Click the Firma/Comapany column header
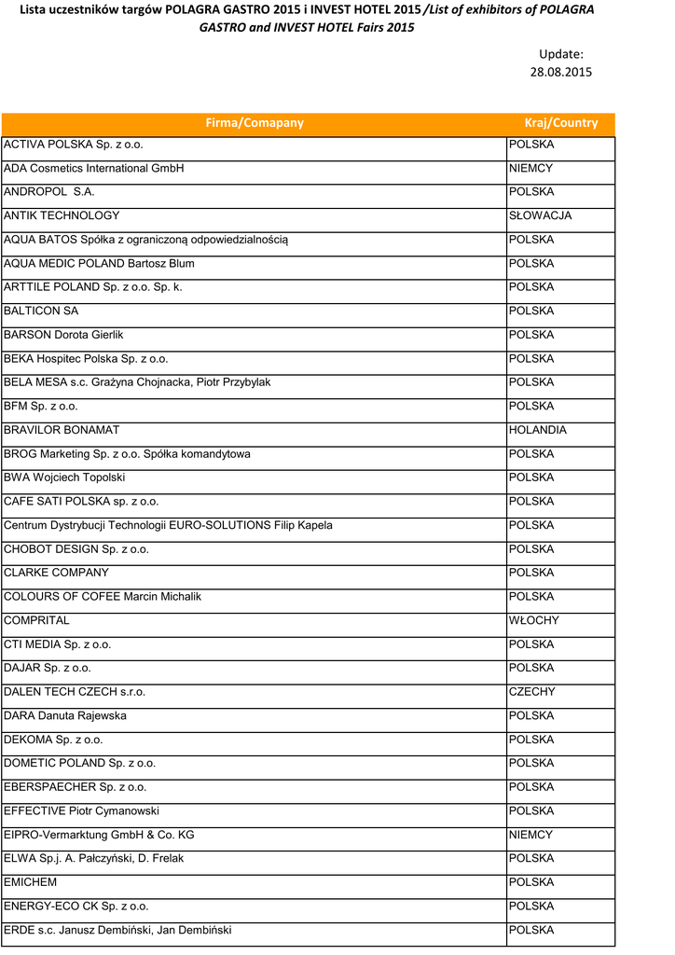254,123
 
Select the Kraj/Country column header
560,123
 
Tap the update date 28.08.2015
560,72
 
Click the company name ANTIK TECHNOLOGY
62,215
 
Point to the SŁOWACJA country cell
540,215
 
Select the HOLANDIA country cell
537,431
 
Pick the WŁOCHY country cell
534,621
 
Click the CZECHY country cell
532,692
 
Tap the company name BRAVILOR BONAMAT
62,431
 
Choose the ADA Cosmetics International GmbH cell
94,169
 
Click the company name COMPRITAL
36,621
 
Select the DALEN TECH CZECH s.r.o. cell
75,692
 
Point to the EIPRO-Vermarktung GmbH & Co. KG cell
99,835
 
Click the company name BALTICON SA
41,311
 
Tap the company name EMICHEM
31,882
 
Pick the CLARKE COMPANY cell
56,573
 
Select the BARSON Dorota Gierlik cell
63,335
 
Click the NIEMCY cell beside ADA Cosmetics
530,169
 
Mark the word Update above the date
560,55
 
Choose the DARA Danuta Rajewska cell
65,716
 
